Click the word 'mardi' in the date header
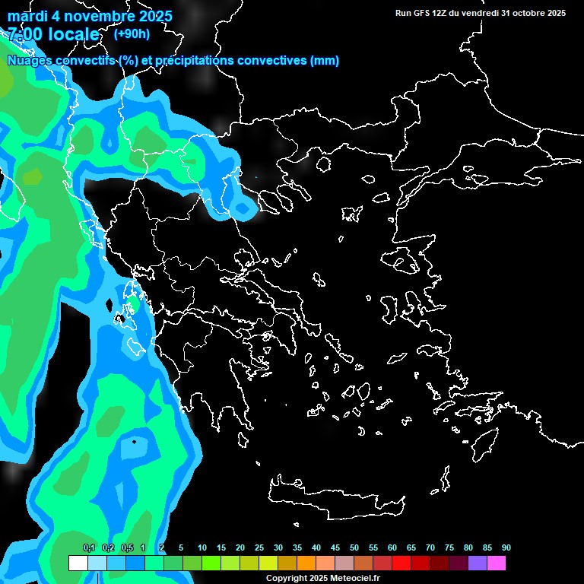click(27, 16)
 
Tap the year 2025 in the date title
click(152, 16)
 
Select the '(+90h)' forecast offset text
click(132, 33)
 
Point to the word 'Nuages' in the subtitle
click(30, 60)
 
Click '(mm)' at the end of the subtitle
click(325, 60)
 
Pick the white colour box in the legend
click(78, 563)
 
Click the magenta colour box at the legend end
click(497, 563)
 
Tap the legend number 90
click(506, 548)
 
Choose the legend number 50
click(354, 548)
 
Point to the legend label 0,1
click(89, 548)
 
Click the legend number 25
click(259, 548)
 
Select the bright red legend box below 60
click(401, 563)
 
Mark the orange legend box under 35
click(306, 563)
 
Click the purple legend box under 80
click(478, 563)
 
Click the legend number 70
click(430, 548)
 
